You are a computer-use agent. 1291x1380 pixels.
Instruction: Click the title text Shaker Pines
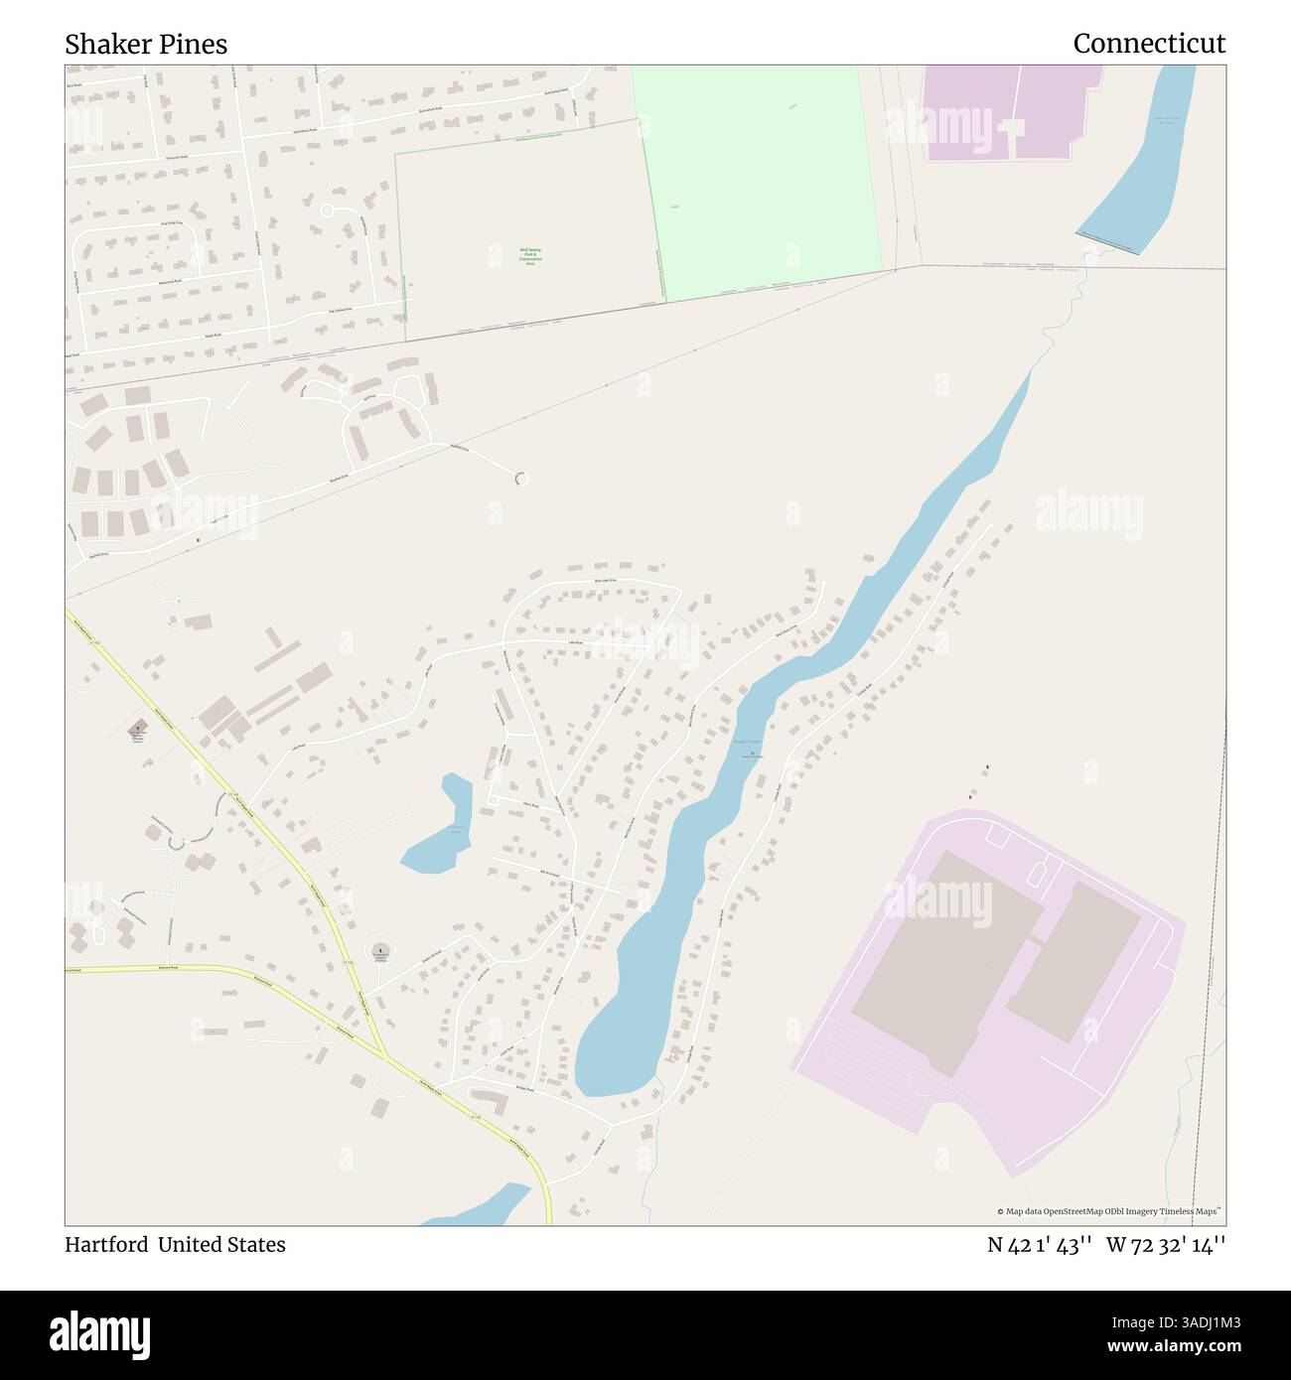pyautogui.click(x=146, y=45)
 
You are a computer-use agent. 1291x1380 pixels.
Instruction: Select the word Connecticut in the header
pyautogui.click(x=1149, y=45)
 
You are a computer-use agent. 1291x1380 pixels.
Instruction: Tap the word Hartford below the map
pyautogui.click(x=105, y=1245)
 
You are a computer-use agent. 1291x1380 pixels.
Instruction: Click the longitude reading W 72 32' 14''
pyautogui.click(x=1166, y=1245)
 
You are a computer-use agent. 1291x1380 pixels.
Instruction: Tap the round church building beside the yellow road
pyautogui.click(x=378, y=949)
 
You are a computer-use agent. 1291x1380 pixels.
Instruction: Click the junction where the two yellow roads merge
pyautogui.click(x=383, y=1052)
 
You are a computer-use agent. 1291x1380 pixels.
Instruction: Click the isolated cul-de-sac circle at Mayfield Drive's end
pyautogui.click(x=519, y=479)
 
